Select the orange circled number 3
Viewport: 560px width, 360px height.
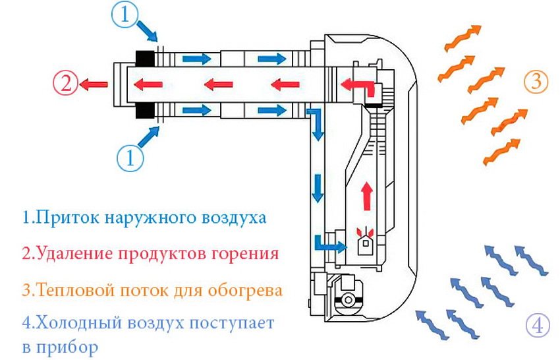536,82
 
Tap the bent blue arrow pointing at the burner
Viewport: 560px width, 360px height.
329,244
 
